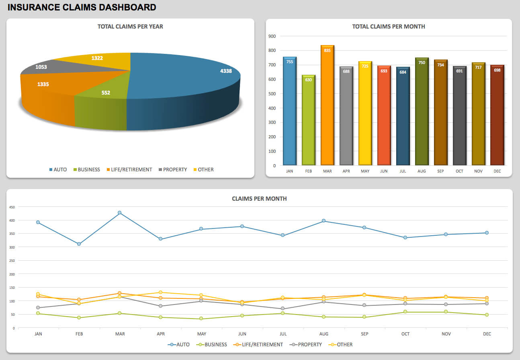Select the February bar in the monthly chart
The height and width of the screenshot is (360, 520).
click(309, 120)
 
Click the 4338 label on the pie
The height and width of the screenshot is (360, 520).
click(225, 71)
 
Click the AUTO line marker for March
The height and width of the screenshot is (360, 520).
click(119, 213)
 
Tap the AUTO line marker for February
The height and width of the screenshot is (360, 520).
click(79, 244)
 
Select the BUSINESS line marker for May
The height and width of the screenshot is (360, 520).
click(201, 319)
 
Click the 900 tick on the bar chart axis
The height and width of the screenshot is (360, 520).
click(272, 36)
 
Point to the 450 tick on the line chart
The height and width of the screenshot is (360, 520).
click(12, 207)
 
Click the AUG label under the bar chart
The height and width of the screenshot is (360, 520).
click(422, 171)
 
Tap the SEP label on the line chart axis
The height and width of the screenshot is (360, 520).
click(364, 334)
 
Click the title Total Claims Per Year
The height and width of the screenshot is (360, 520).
click(130, 27)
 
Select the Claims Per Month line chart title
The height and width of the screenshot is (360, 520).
click(259, 199)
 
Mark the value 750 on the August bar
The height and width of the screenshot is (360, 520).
click(422, 62)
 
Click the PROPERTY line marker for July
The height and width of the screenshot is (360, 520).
click(283, 309)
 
